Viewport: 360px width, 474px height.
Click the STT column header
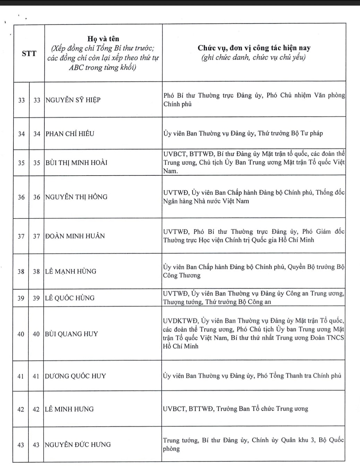(x=29, y=53)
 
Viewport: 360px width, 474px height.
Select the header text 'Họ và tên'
(x=103, y=39)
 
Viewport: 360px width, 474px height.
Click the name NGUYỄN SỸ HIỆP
(x=73, y=100)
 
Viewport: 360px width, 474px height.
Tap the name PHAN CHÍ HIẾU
(x=70, y=134)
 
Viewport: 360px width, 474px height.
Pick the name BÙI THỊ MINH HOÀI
(x=76, y=163)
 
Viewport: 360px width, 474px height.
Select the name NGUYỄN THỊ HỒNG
(x=76, y=197)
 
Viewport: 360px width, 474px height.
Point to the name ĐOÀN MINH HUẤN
(x=75, y=236)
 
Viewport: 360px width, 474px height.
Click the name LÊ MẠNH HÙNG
(x=71, y=271)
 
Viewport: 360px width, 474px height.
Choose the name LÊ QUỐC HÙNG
(x=70, y=298)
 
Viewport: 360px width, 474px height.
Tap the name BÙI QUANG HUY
(x=71, y=334)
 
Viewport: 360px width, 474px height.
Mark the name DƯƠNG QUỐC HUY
(x=76, y=376)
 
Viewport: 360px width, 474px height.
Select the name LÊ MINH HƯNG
(x=69, y=409)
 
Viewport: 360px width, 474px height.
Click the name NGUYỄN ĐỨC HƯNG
(x=78, y=445)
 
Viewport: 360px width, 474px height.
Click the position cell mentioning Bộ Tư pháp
(x=243, y=133)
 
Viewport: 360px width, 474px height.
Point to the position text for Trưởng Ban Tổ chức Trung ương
(x=235, y=409)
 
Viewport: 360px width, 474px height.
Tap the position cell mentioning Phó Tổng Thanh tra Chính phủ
(x=252, y=376)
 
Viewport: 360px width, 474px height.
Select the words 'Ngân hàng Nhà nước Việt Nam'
(x=206, y=201)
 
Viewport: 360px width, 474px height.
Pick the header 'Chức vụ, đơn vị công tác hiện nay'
(x=254, y=48)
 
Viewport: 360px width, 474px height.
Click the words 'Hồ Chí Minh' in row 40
(x=181, y=346)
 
